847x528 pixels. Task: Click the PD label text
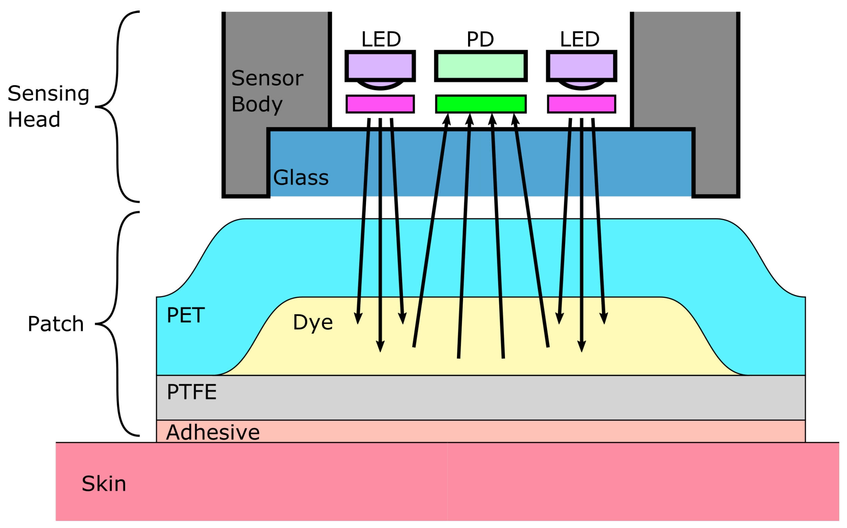pos(480,39)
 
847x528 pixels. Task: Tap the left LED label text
pos(381,39)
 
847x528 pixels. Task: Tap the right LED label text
pos(580,39)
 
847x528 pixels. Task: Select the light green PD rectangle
pos(481,66)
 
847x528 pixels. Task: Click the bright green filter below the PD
pos(481,104)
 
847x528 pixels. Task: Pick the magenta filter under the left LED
pos(380,104)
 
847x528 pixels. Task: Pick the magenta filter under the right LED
pos(581,104)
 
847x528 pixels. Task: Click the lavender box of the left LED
pos(380,66)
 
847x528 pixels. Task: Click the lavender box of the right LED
pos(581,66)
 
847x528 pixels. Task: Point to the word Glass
pos(300,178)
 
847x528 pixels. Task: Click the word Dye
pos(313,322)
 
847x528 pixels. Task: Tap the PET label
pos(186,315)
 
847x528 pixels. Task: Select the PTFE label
pos(191,392)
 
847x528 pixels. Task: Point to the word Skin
pos(104,484)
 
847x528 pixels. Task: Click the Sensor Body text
pos(267,91)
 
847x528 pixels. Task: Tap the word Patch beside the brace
pos(55,324)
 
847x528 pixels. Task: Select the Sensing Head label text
pos(48,106)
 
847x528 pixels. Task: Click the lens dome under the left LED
pos(380,84)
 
